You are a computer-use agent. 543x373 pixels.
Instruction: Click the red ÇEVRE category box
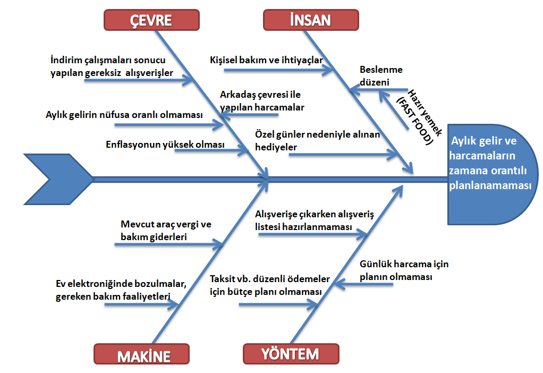pyautogui.click(x=151, y=20)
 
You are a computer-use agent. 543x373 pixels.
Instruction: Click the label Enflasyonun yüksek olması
pyautogui.click(x=165, y=145)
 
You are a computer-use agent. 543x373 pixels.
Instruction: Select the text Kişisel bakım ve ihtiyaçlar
pyautogui.click(x=266, y=60)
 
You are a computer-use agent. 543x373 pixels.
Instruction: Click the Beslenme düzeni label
pyautogui.click(x=381, y=76)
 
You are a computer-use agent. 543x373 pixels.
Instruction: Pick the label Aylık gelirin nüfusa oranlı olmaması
pyautogui.click(x=124, y=115)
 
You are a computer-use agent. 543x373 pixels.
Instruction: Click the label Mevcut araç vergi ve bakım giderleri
pyautogui.click(x=165, y=231)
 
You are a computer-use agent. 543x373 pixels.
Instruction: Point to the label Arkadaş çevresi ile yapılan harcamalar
pyautogui.click(x=262, y=101)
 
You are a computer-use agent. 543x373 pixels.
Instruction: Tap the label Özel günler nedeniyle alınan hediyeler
pyautogui.click(x=317, y=141)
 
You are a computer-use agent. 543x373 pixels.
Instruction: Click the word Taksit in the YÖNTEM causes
pyautogui.click(x=222, y=279)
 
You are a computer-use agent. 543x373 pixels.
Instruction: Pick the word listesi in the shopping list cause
pyautogui.click(x=268, y=227)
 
